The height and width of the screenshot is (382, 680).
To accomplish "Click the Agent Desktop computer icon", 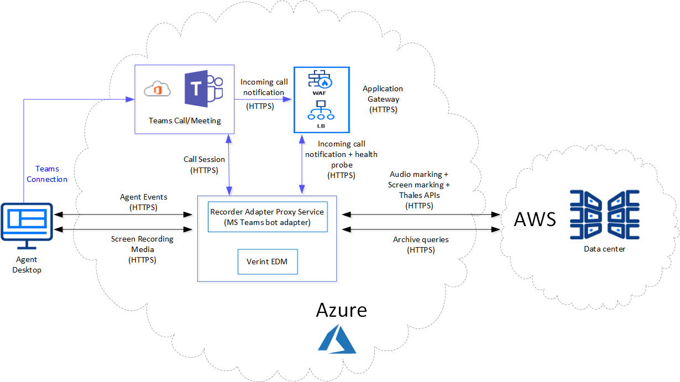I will click(x=27, y=222).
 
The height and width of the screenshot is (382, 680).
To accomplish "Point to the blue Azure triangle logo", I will click(x=337, y=338).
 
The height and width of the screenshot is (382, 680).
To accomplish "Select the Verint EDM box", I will click(x=268, y=261).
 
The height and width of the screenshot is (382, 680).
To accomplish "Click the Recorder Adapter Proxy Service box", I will click(x=268, y=217).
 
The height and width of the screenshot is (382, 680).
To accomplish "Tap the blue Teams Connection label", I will click(x=47, y=174).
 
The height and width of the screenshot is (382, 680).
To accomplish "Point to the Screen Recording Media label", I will click(x=142, y=249).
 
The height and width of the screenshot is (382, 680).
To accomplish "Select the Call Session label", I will click(x=204, y=165).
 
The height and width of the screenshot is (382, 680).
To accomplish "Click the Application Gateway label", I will click(x=383, y=99).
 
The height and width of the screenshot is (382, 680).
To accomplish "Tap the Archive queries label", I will click(x=421, y=244).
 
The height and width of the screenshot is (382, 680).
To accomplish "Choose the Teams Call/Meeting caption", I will click(x=185, y=121).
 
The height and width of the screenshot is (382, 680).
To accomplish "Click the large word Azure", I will click(x=341, y=310).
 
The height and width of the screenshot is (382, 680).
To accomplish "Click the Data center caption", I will click(x=604, y=249).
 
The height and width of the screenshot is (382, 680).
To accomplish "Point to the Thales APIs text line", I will click(x=419, y=195).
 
